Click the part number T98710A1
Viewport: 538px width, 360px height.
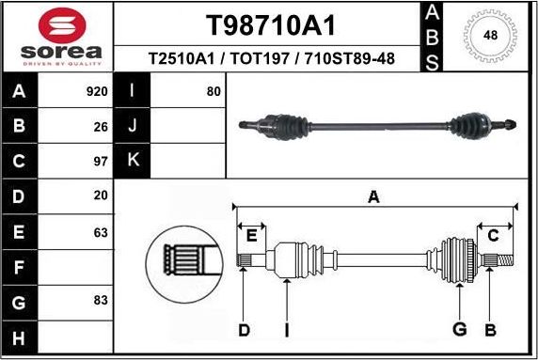click(271, 25)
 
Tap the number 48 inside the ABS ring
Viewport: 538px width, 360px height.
click(490, 36)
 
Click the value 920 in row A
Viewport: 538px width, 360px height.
click(97, 92)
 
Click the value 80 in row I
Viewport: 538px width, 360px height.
click(214, 92)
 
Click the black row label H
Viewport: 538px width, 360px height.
click(20, 336)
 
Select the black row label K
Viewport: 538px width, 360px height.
click(133, 161)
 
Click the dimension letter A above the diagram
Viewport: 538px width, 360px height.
click(373, 197)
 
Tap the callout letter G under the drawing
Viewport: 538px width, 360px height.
click(460, 329)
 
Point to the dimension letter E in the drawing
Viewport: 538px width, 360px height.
click(251, 235)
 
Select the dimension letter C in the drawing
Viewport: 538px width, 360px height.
click(493, 235)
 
